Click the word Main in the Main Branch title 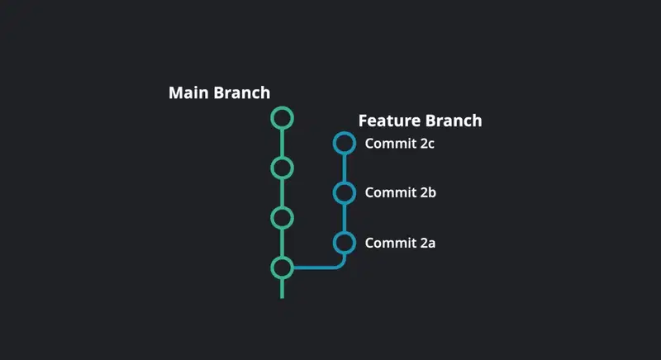[x=189, y=93]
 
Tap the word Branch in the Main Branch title [x=242, y=93]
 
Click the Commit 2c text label [x=400, y=144]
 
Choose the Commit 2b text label [x=401, y=193]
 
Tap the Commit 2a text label [x=400, y=243]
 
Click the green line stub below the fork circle [x=282, y=289]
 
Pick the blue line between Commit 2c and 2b [x=345, y=168]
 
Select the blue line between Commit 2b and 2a [x=345, y=218]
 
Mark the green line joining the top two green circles [x=282, y=143]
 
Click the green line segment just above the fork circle [x=282, y=243]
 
